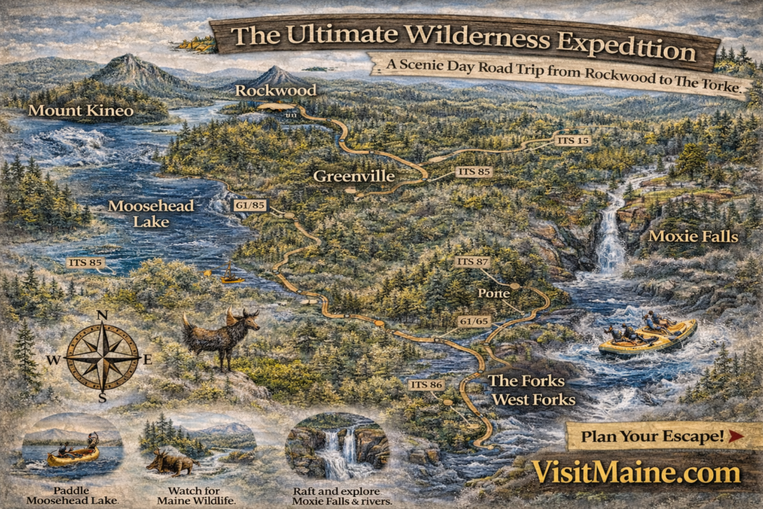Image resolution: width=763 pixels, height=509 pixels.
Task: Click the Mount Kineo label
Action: tap(80, 112)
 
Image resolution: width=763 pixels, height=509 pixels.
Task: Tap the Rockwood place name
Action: tap(276, 90)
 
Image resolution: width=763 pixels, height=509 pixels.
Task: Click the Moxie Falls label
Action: tap(693, 237)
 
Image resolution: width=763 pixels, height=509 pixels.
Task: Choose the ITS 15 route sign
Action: tap(573, 140)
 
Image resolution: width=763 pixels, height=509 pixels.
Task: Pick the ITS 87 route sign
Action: tap(472, 262)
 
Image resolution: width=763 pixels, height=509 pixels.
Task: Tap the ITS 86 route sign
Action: tap(426, 385)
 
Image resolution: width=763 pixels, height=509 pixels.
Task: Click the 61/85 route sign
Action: tap(250, 205)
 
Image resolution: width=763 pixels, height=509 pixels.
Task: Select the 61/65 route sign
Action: tap(474, 321)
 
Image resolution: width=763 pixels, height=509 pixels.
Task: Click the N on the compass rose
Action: tap(103, 315)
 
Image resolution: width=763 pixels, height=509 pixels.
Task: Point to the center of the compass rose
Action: tap(103, 357)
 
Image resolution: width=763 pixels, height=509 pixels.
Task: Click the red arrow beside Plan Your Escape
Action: tap(735, 436)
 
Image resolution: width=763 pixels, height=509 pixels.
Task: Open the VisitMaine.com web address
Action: tap(636, 472)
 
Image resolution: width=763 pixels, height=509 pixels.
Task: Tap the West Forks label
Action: tap(531, 399)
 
